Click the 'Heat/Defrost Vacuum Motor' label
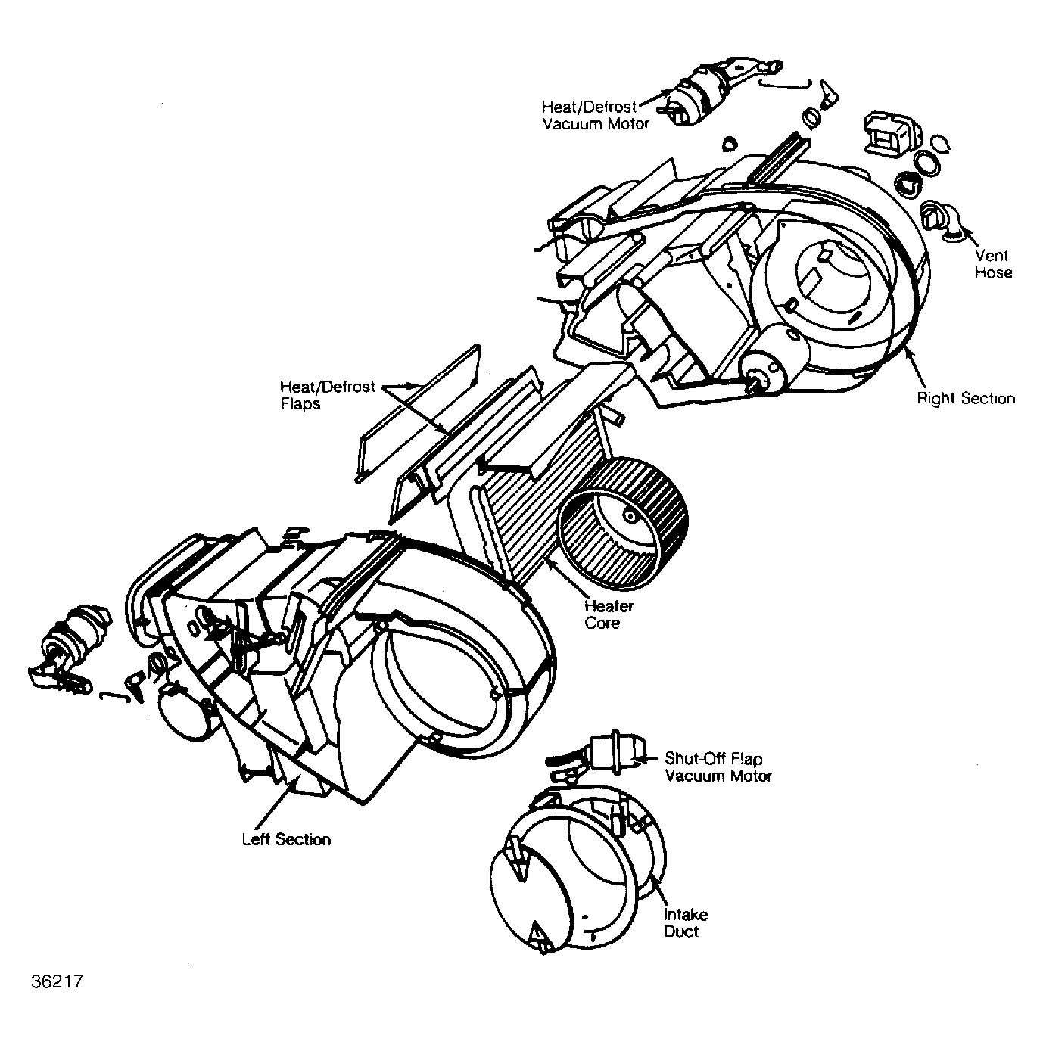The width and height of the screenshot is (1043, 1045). tap(596, 115)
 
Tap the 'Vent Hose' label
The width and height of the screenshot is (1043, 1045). tap(992, 263)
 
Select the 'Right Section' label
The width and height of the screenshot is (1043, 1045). tap(965, 398)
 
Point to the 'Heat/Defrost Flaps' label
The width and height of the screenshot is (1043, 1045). tap(327, 395)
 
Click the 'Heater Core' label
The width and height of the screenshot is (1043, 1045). tap(609, 614)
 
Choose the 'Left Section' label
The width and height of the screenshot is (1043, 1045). tap(286, 839)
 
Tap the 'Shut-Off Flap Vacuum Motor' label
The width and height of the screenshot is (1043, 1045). tap(718, 767)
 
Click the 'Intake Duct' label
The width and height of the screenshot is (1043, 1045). tap(686, 922)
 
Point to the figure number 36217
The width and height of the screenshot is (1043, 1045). tap(58, 981)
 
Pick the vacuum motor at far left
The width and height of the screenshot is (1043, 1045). tap(70, 651)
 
